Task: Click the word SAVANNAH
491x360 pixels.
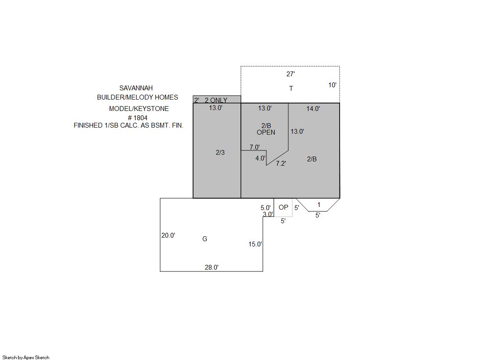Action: pyautogui.click(x=136, y=88)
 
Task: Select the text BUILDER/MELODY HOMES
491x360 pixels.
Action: pyautogui.click(x=137, y=97)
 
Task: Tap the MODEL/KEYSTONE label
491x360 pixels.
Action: pyautogui.click(x=139, y=109)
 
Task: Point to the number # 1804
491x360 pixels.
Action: pyautogui.click(x=137, y=118)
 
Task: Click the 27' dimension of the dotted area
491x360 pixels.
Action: pyautogui.click(x=290, y=74)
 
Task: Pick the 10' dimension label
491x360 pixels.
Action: pyautogui.click(x=332, y=85)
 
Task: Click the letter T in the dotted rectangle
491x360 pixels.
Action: pyautogui.click(x=291, y=88)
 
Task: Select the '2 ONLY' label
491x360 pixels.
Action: pyautogui.click(x=216, y=100)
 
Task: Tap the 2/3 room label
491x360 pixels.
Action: pyautogui.click(x=220, y=153)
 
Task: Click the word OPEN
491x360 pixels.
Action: pyautogui.click(x=266, y=132)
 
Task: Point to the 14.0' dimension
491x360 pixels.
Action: pyautogui.click(x=313, y=109)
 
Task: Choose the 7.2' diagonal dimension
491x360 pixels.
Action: pyautogui.click(x=281, y=164)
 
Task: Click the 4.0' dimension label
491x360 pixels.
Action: pyautogui.click(x=260, y=158)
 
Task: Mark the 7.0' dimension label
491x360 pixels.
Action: pyautogui.click(x=254, y=147)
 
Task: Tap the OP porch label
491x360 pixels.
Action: pyautogui.click(x=283, y=207)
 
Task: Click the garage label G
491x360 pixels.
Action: pyautogui.click(x=205, y=239)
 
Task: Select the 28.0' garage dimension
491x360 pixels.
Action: pyautogui.click(x=211, y=267)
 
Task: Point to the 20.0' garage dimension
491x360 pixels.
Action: pyautogui.click(x=168, y=235)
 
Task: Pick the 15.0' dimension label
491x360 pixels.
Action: pyautogui.click(x=255, y=244)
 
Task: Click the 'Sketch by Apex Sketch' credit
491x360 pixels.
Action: pyautogui.click(x=26, y=357)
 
